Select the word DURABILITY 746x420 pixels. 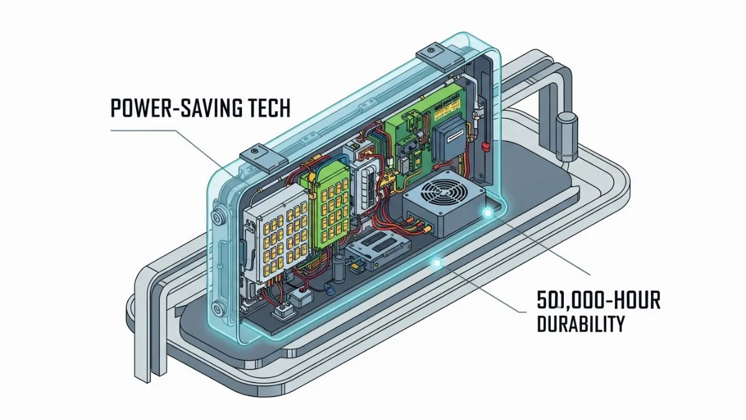click(x=580, y=324)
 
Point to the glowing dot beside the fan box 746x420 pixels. click(x=487, y=213)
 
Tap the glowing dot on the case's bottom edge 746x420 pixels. click(x=437, y=264)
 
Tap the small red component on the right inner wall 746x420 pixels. click(x=486, y=146)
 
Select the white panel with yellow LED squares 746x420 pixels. click(x=277, y=233)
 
